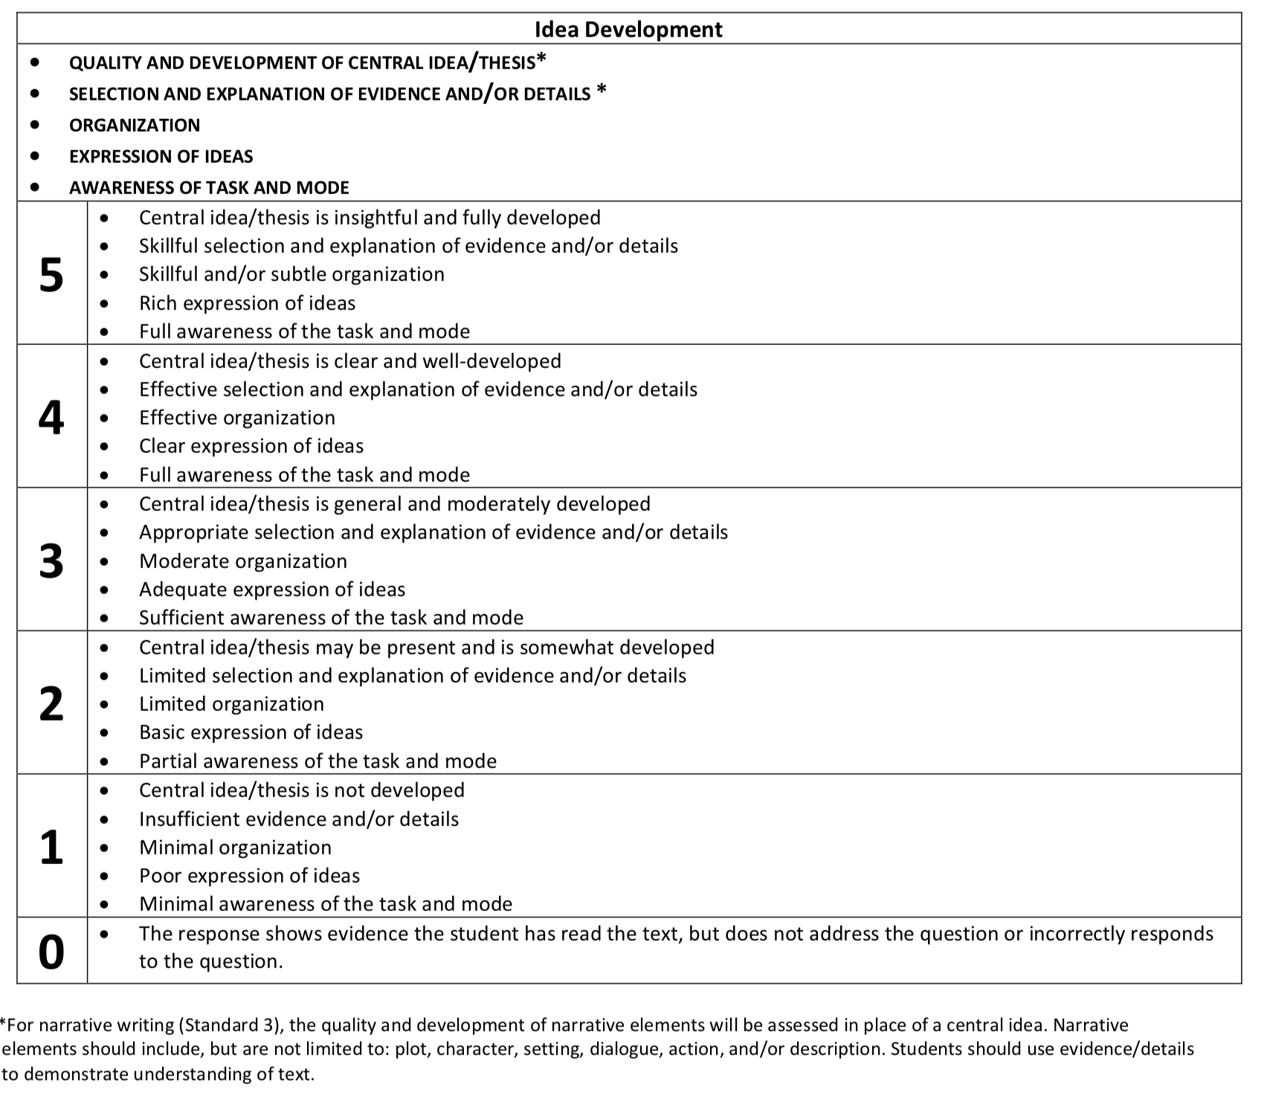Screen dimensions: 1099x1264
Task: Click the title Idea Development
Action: coord(628,30)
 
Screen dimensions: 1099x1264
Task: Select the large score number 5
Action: coord(51,275)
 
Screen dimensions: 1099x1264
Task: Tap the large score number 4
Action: coord(51,418)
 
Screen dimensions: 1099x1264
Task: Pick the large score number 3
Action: coord(51,561)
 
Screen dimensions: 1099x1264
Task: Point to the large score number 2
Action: coord(51,704)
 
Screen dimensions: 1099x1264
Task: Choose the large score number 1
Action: coord(51,848)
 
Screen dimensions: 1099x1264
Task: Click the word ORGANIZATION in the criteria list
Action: coord(135,125)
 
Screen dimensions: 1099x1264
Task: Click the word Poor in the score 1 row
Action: coord(158,876)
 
